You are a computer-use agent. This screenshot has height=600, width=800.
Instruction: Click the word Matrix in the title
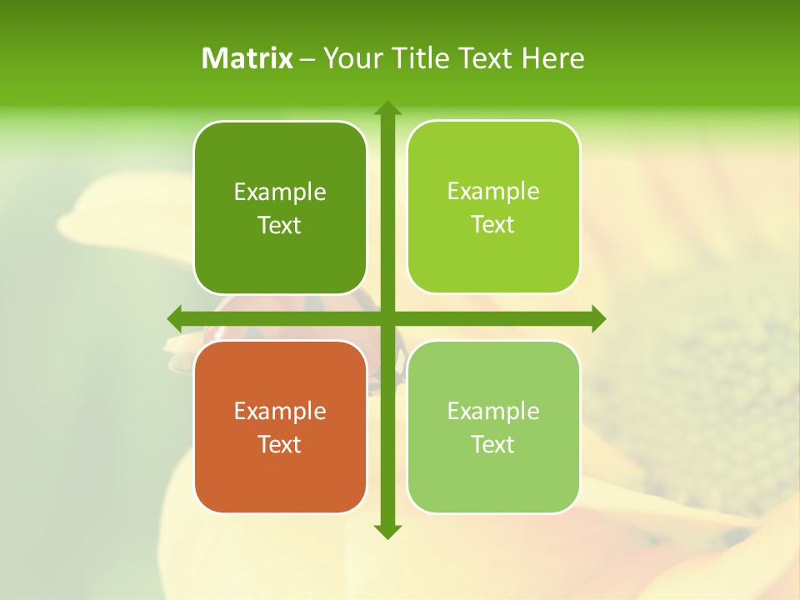(247, 58)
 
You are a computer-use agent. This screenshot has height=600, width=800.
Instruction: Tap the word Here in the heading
(552, 58)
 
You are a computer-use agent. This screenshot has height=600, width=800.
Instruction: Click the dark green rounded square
(280, 207)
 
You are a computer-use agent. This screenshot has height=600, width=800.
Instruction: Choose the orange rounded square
(280, 427)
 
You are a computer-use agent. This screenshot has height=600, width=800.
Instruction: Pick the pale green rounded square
(493, 427)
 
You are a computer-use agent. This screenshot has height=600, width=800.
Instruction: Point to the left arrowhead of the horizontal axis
(175, 318)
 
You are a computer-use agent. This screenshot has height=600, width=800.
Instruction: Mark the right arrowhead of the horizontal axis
(597, 318)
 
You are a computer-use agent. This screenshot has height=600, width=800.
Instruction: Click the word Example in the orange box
(280, 411)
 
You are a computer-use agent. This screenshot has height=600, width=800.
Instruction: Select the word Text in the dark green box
(280, 225)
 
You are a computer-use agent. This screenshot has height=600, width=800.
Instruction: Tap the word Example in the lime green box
(493, 191)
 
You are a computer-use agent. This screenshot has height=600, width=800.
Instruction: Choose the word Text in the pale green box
(493, 444)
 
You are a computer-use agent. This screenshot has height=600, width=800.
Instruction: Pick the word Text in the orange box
(280, 444)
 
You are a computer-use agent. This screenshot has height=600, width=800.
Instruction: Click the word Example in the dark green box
(280, 192)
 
